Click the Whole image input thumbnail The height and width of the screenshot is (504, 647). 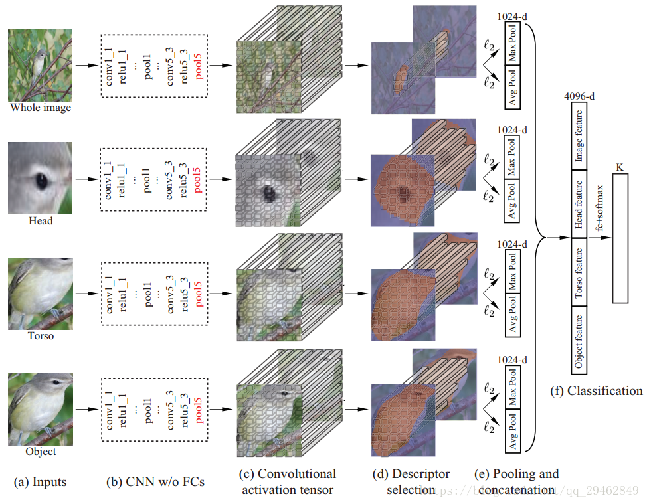click(39, 64)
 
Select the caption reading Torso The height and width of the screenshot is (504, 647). click(40, 335)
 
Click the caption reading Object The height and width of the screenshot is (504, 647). click(40, 451)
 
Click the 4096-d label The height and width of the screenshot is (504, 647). click(579, 96)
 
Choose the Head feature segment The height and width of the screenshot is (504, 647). click(579, 205)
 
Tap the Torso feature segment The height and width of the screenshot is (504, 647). click(579, 273)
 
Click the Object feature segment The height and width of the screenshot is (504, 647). click(579, 341)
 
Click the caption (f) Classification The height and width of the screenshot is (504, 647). click(597, 390)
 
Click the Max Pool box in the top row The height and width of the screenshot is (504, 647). click(513, 43)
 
